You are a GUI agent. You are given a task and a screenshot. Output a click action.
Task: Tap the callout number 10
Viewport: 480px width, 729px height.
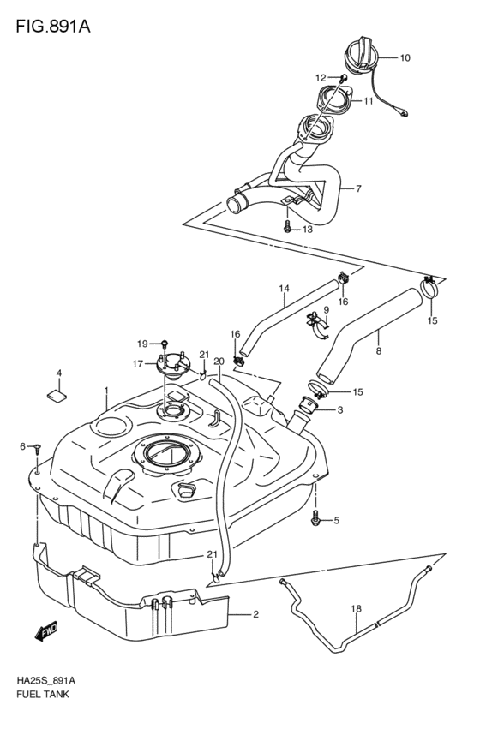coord(405,58)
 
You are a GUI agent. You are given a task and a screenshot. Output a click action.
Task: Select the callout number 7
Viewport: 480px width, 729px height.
coord(358,188)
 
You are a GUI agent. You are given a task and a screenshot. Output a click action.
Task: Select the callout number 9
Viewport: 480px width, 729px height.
coord(326,309)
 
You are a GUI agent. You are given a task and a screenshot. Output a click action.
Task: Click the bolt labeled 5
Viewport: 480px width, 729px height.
coord(318,517)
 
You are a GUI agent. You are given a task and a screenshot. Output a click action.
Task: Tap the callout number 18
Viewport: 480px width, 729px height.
coord(357,610)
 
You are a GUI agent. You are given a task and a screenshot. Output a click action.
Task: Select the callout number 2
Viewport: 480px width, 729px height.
coord(255,614)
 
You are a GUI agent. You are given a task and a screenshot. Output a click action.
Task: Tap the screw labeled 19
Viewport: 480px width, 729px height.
coord(163,345)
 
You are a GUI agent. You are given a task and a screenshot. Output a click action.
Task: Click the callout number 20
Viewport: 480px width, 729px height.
coord(219,361)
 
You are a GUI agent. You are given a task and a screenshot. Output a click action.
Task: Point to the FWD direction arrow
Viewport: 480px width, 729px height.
coord(45,633)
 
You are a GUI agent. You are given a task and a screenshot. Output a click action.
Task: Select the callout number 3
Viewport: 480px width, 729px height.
coord(339,410)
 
